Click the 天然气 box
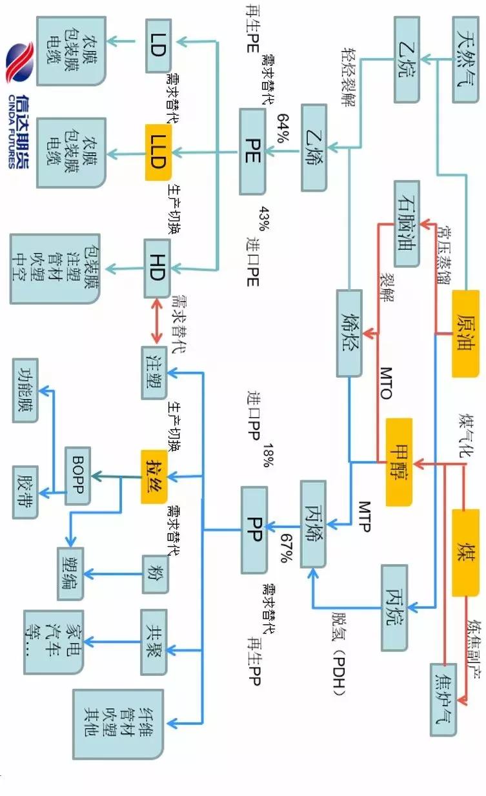tap(469, 60)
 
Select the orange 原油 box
tap(469, 334)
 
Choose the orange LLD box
tap(157, 152)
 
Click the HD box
tap(157, 269)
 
